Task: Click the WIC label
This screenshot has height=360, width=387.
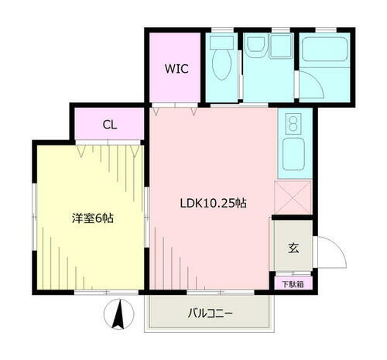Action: pos(175,67)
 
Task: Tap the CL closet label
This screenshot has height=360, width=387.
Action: pos(109,123)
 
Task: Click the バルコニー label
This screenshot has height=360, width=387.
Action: pos(211,314)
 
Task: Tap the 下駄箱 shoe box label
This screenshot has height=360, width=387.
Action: pos(292,283)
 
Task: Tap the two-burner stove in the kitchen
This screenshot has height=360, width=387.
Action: pos(293,124)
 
